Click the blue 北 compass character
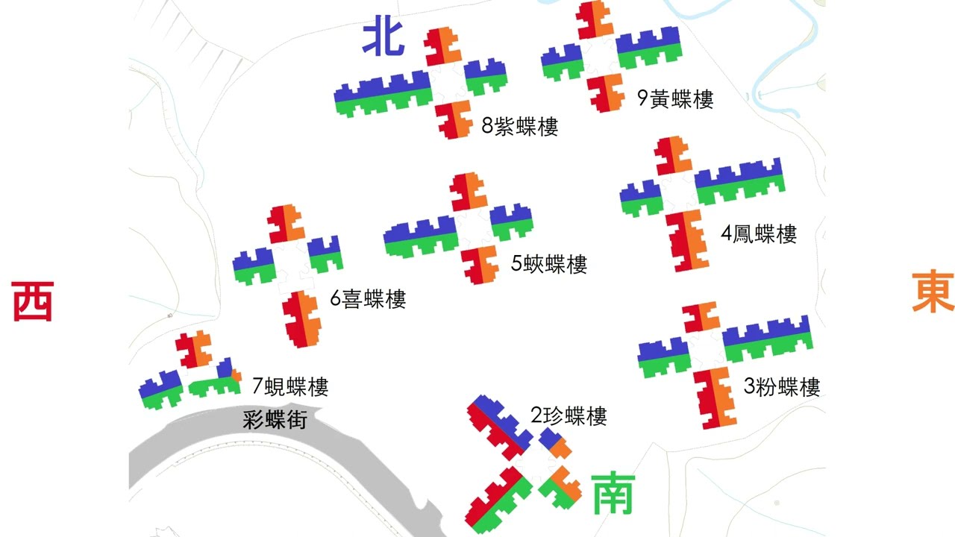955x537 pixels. [383, 39]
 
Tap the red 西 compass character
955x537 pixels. [33, 301]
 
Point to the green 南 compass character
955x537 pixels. [613, 493]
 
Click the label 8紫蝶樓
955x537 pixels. [519, 126]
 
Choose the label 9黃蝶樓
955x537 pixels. [675, 98]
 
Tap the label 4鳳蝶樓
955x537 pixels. [758, 233]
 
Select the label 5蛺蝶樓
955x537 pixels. [549, 263]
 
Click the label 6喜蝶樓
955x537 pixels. [368, 300]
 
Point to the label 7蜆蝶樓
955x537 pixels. [289, 386]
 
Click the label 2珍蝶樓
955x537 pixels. [569, 415]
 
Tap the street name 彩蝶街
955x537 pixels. [275, 419]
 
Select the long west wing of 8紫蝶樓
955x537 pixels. [383, 94]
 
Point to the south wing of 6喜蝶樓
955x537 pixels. [301, 318]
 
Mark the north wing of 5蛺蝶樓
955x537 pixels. [469, 192]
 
